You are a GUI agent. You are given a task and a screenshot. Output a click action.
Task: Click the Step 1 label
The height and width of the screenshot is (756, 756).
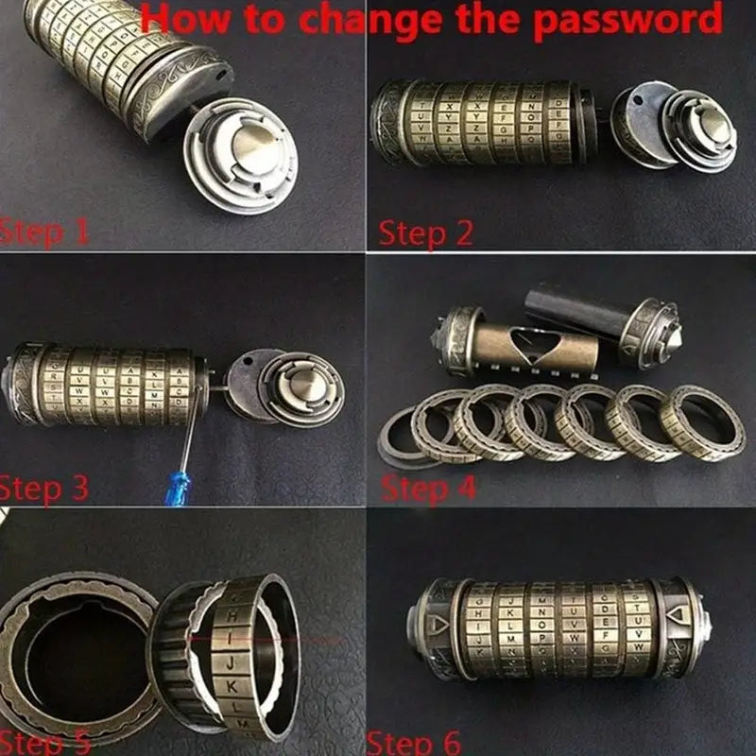click(44, 231)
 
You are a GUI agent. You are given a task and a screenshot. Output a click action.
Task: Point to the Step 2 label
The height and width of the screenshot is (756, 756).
click(425, 232)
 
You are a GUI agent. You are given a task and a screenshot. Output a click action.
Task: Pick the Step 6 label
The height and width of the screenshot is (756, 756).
click(414, 742)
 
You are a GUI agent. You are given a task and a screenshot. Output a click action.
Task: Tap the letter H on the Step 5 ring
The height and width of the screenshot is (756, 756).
click(231, 613)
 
